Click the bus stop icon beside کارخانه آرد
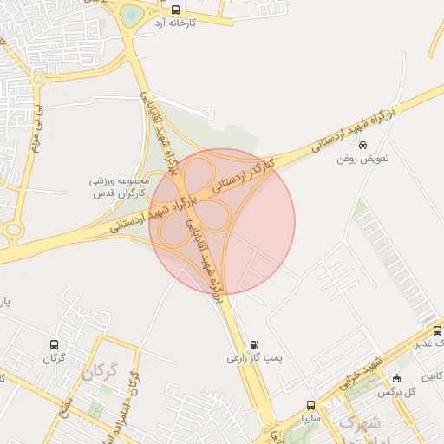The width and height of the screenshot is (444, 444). (x=176, y=10)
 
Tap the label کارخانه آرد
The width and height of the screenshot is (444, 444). (x=175, y=23)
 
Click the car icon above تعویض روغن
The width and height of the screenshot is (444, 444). (x=362, y=146)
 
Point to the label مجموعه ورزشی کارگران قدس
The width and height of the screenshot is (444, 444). (x=120, y=188)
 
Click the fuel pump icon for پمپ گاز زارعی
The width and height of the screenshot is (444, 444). (x=253, y=343)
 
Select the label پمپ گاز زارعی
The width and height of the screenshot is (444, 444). (x=256, y=357)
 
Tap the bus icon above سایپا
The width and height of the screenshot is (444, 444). (x=310, y=405)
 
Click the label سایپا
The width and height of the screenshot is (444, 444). (x=310, y=417)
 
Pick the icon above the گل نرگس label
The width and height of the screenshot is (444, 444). (x=396, y=378)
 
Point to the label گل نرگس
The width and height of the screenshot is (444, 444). (x=395, y=392)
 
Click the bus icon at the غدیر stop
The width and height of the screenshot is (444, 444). (x=436, y=331)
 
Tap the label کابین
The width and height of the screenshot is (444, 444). (x=433, y=375)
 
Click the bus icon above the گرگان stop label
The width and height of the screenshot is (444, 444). (x=55, y=344)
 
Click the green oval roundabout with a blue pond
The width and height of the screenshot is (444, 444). (x=130, y=15)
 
